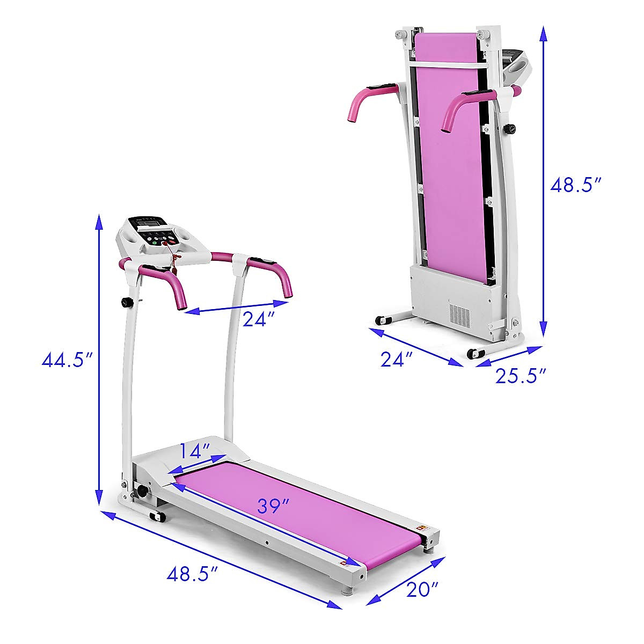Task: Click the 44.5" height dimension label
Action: pyautogui.click(x=66, y=360)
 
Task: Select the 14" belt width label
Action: pyautogui.click(x=195, y=451)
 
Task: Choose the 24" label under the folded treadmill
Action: pyautogui.click(x=397, y=359)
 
